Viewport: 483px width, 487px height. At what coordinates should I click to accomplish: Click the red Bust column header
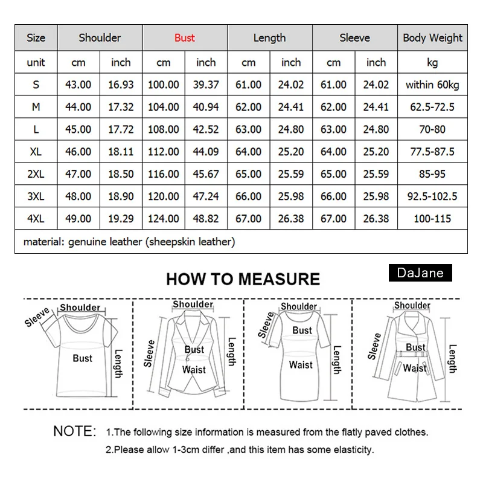coord(185,38)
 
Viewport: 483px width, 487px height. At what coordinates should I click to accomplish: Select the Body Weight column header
coord(432,38)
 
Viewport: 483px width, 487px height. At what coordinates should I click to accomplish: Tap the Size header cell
coord(36,38)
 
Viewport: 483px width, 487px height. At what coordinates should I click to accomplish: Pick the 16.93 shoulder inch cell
coord(121,85)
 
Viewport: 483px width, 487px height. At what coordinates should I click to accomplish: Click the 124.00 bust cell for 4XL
coord(164,218)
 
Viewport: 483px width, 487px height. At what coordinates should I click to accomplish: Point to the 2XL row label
coord(36,174)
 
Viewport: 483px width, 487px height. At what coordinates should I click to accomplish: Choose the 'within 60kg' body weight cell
coord(432,85)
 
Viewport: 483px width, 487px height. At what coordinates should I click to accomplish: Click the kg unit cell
coord(432,62)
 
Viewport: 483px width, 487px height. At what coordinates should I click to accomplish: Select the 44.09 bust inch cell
coord(206,152)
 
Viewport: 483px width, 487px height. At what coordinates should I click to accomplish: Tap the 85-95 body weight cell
coord(432,174)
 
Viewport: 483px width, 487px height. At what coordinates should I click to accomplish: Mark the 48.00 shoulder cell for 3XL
coord(78,196)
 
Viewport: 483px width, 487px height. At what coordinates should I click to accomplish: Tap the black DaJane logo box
coord(421,273)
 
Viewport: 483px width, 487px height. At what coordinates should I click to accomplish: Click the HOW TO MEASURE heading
coord(243,279)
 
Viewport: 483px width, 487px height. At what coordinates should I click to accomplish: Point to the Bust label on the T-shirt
coord(83,358)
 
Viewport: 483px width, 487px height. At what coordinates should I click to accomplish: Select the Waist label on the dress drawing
coord(301,365)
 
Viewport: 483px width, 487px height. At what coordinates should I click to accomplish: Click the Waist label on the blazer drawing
coord(194,370)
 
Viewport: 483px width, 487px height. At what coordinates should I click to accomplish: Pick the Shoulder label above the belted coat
coord(412,306)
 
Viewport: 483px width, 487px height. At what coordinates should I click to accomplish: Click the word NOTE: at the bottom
coord(75,431)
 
